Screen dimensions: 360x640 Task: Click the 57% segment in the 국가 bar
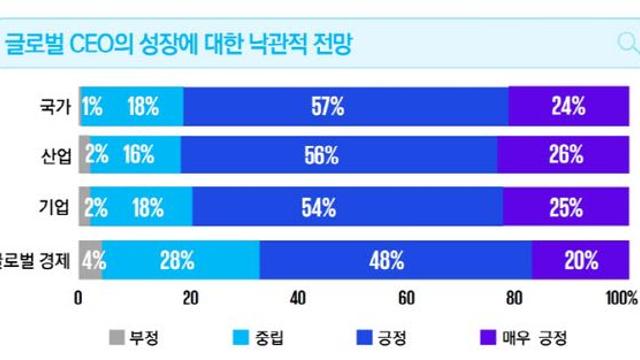pos(344,107)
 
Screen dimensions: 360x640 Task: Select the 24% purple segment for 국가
pos(566,107)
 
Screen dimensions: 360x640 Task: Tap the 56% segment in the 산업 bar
pos(340,156)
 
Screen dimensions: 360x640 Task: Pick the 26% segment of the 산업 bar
pos(563,156)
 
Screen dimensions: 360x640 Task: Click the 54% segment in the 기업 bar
pos(347,208)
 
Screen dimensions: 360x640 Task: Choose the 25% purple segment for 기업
pos(565,208)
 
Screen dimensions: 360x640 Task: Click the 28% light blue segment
pos(181,261)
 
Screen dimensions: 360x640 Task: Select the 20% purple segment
pos(579,261)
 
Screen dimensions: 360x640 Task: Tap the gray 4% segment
pos(91,261)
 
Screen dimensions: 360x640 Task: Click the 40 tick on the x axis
pos(297,297)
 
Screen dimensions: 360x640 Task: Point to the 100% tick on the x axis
pos(620,297)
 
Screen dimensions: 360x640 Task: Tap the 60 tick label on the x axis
pos(406,297)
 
